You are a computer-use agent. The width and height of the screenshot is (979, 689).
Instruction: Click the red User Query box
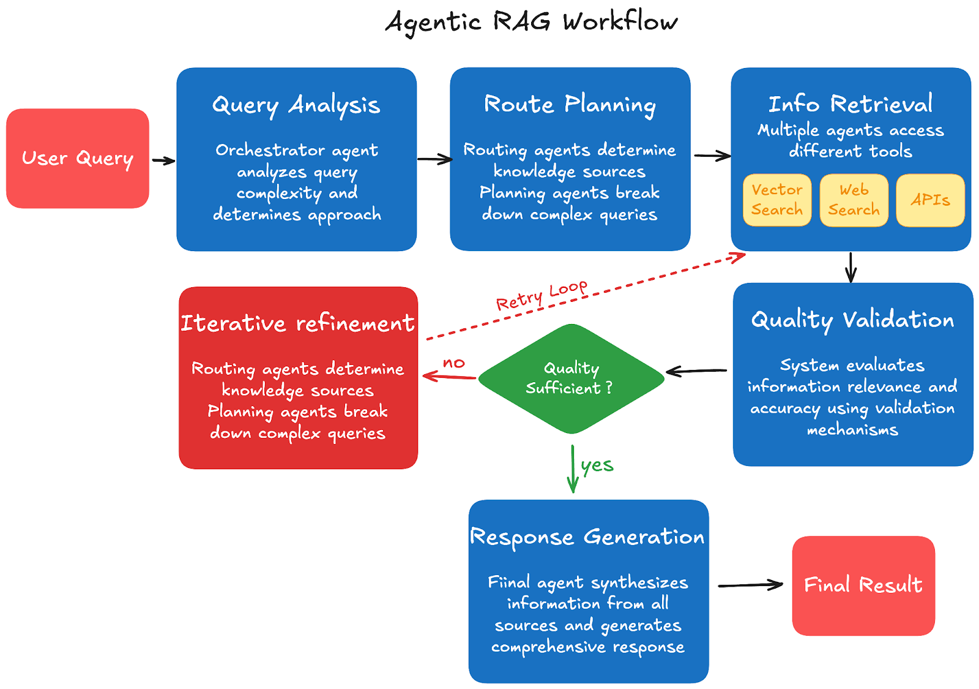pyautogui.click(x=78, y=159)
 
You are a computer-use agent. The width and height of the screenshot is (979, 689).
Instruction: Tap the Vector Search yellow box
pyautogui.click(x=777, y=200)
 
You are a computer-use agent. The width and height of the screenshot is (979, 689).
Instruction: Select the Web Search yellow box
pyautogui.click(x=854, y=200)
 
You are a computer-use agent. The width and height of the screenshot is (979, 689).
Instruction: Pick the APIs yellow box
pyautogui.click(x=930, y=200)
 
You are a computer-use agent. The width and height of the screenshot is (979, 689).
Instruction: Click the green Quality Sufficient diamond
pyautogui.click(x=571, y=378)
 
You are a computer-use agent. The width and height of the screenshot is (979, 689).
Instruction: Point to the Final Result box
pyautogui.click(x=863, y=585)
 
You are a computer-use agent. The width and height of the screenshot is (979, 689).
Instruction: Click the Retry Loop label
pyautogui.click(x=542, y=296)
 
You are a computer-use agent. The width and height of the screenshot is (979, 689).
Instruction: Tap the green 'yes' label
pyautogui.click(x=597, y=465)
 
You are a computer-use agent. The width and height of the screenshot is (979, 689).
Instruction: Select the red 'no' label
pyautogui.click(x=454, y=363)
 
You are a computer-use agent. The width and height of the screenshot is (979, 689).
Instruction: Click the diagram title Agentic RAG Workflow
pyautogui.click(x=531, y=22)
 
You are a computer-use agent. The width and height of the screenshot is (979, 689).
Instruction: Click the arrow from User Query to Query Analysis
pyautogui.click(x=163, y=161)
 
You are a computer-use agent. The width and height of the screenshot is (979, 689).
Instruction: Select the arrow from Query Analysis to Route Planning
pyautogui.click(x=434, y=159)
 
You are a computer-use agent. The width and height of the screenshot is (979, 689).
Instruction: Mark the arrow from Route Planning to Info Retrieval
pyautogui.click(x=712, y=156)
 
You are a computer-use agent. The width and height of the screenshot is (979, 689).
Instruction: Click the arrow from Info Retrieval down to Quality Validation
pyautogui.click(x=851, y=267)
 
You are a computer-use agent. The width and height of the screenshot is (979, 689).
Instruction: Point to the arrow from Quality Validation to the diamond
pyautogui.click(x=696, y=371)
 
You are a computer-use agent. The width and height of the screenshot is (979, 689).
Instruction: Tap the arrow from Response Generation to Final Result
pyautogui.click(x=750, y=585)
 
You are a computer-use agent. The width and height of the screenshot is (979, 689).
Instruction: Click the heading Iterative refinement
pyautogui.click(x=297, y=323)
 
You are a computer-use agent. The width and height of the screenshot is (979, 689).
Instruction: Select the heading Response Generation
pyautogui.click(x=587, y=537)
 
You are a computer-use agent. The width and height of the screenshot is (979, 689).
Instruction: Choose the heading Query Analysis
pyautogui.click(x=296, y=105)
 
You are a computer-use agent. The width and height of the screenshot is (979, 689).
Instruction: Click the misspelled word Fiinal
pyautogui.click(x=508, y=582)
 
